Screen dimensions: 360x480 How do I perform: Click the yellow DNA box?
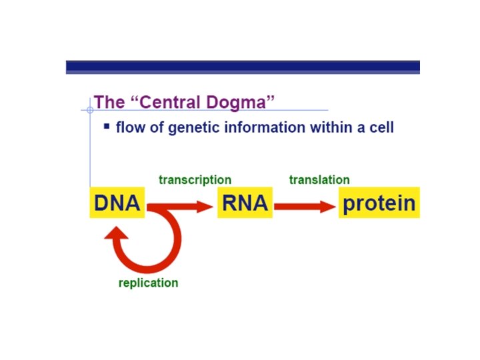(x=117, y=202)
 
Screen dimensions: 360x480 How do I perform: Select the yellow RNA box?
(x=245, y=202)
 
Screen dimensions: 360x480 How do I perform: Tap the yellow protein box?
(x=379, y=203)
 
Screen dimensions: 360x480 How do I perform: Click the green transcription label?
(x=195, y=180)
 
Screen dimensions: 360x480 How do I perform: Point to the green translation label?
(x=319, y=180)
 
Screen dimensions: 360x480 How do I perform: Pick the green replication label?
(x=148, y=283)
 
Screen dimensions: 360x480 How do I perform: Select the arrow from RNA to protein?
(x=305, y=207)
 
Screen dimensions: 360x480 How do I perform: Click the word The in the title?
(x=109, y=102)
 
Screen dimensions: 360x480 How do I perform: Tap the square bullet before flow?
(x=106, y=125)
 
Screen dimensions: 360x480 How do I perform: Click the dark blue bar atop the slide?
(x=243, y=67)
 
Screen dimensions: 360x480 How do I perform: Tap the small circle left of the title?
(x=90, y=109)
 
